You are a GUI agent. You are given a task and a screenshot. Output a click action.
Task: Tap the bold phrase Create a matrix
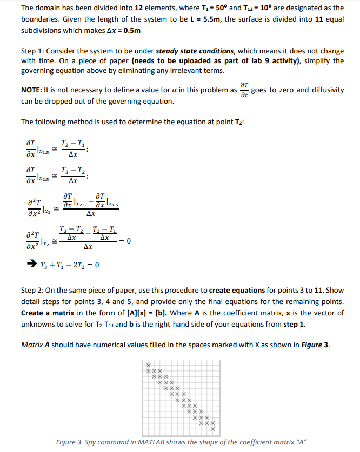pos(47,313)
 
